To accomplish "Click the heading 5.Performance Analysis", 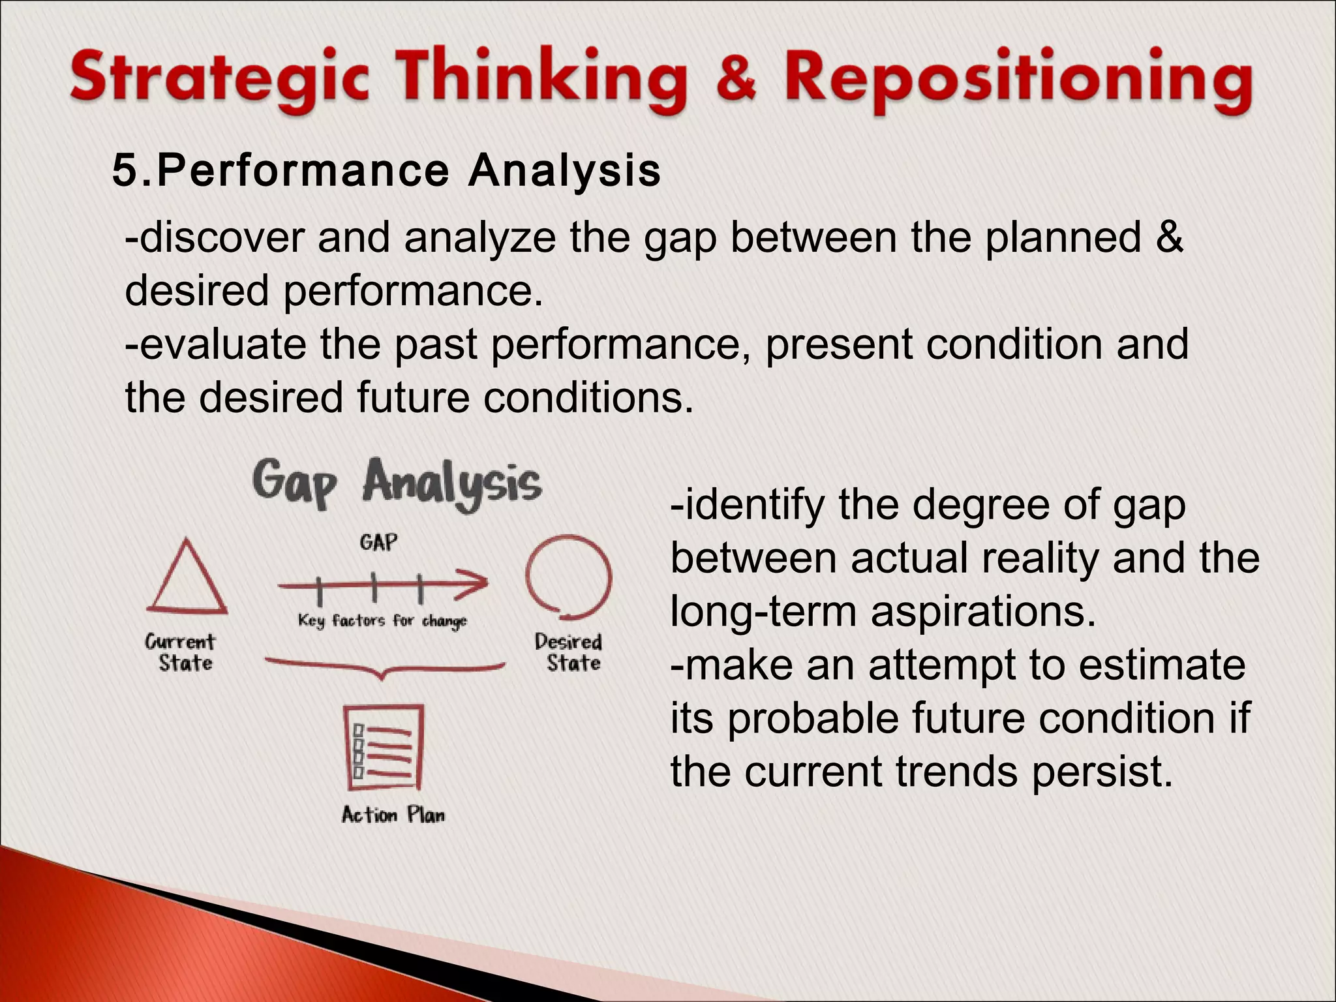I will pos(386,171).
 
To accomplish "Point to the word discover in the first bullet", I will pos(222,238).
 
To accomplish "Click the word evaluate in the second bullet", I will pos(222,344).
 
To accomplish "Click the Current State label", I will pos(181,652).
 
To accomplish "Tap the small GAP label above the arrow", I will pos(378,543).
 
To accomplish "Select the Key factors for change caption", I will pos(382,620).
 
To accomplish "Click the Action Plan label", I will pos(393,815).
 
